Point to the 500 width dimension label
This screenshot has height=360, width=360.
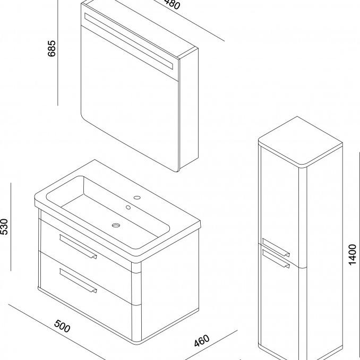63,325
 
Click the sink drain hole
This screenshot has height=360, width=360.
115,225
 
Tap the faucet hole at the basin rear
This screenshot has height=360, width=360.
137,199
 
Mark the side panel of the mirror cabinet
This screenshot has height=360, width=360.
188,112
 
